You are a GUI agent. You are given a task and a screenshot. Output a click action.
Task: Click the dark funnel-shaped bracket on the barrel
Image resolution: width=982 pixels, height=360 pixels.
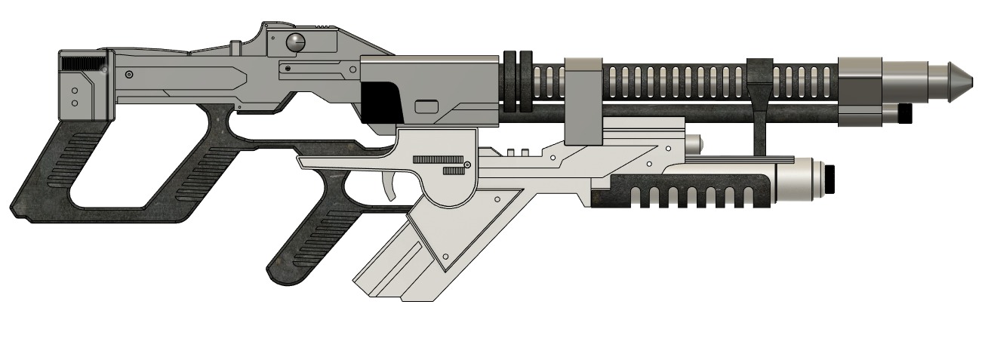[x=760, y=87]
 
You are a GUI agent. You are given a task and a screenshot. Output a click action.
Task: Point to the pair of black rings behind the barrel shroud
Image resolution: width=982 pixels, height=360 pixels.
[x=517, y=82]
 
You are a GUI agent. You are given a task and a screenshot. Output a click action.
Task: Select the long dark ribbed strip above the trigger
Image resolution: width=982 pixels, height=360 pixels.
[x=438, y=159]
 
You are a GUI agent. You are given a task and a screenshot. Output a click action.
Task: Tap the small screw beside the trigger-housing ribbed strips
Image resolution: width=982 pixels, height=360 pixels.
[x=468, y=165]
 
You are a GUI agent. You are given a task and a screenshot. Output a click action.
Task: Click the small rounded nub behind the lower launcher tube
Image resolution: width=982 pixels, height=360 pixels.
[x=694, y=142]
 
